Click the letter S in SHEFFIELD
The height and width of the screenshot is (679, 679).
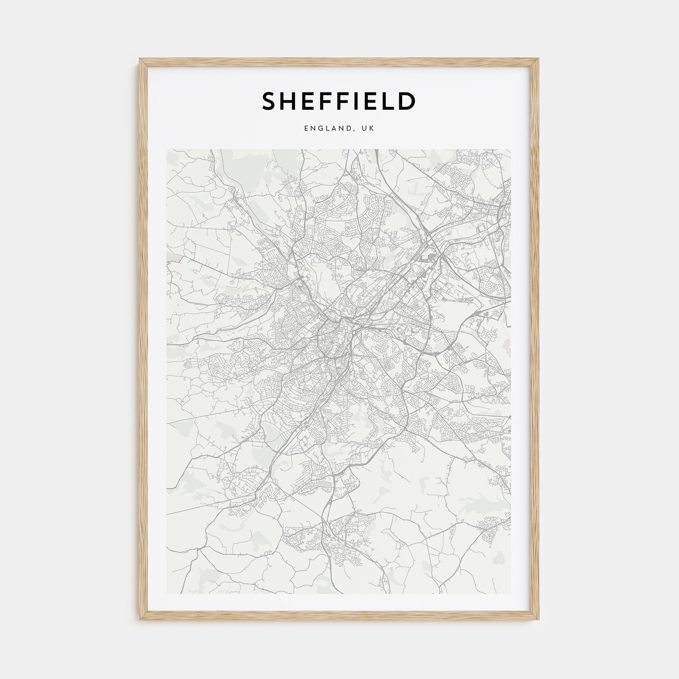coord(270,102)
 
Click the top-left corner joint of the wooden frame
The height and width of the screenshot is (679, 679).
coord(140,59)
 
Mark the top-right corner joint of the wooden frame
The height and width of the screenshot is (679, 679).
coord(539,59)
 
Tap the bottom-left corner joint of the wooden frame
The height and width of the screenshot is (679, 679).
coord(140,619)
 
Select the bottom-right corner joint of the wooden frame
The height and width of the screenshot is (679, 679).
coord(539,619)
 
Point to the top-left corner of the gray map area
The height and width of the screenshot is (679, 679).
coord(167,150)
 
